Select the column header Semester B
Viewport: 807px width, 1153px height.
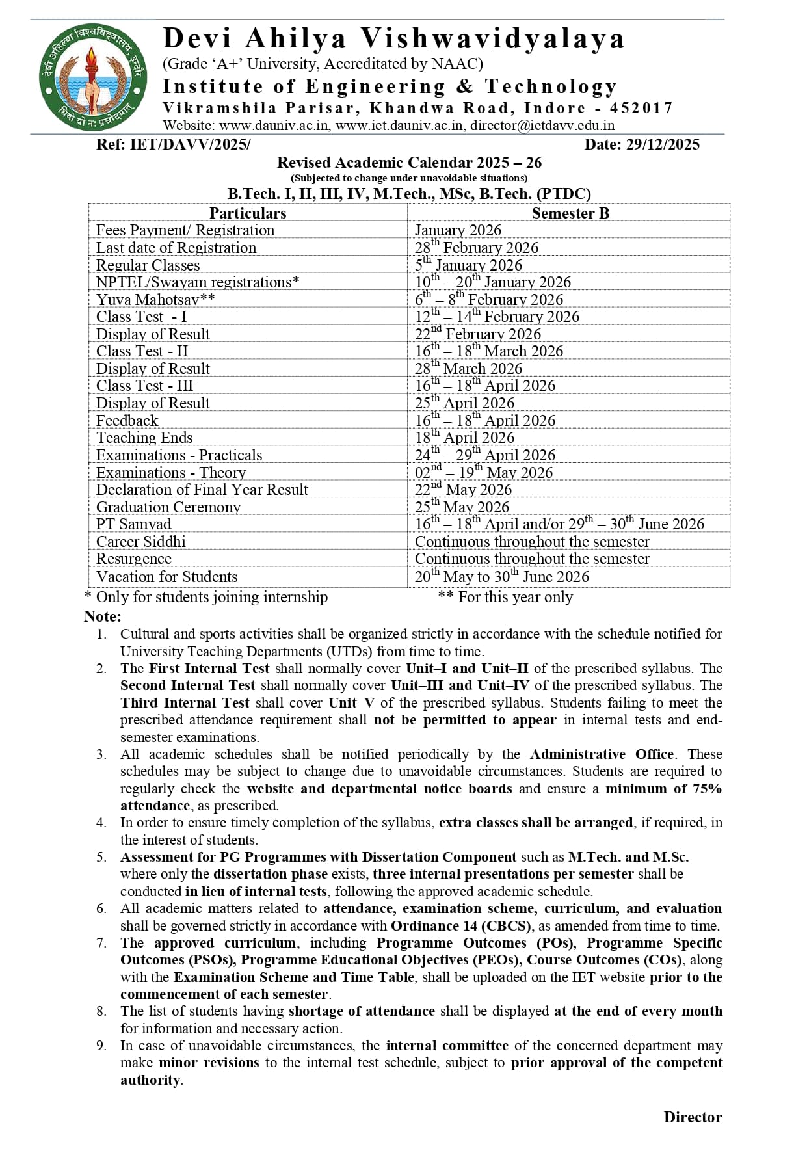(570, 213)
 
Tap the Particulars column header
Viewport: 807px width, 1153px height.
(247, 213)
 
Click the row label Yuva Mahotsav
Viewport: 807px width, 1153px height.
(155, 299)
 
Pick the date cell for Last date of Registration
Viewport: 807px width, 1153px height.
(476, 248)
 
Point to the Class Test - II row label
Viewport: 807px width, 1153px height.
(142, 351)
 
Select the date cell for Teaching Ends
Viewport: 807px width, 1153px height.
(464, 438)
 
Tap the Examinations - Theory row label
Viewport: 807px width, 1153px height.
(170, 472)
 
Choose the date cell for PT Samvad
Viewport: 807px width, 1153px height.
(559, 524)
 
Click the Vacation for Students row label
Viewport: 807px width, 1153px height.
(166, 576)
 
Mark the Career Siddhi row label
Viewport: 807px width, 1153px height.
(140, 542)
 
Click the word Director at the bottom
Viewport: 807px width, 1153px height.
(692, 1117)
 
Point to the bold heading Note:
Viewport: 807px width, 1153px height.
(103, 616)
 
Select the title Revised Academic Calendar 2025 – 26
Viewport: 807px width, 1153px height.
(409, 163)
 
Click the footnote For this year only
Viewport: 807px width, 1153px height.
(514, 597)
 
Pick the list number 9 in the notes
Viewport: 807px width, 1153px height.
(101, 1046)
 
